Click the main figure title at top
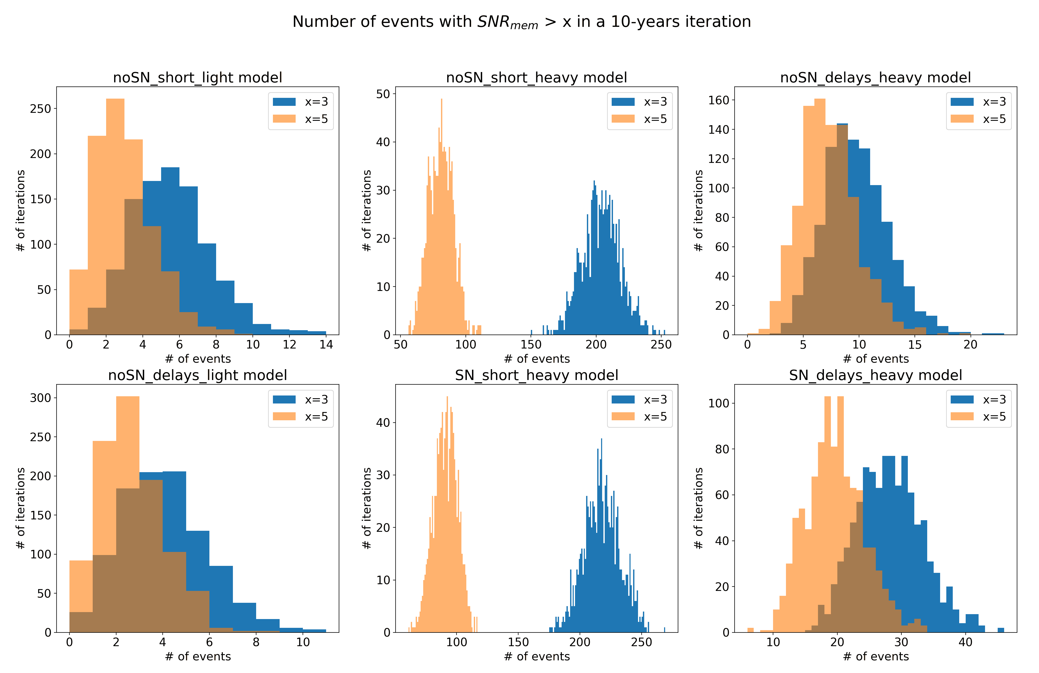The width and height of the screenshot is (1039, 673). pos(521,22)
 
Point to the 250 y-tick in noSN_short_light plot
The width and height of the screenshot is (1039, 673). pos(40,109)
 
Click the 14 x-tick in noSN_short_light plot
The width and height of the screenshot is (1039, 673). pos(326,345)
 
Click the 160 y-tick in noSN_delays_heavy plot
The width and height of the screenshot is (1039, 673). pos(719,100)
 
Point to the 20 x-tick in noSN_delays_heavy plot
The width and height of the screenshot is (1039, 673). pos(970,345)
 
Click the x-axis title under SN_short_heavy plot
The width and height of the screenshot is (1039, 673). pos(537,656)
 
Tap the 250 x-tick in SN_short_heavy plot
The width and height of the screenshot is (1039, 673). pos(641,643)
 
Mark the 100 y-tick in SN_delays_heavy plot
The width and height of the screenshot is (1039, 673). pos(719,403)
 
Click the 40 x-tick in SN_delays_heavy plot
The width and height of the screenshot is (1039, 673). pos(965,643)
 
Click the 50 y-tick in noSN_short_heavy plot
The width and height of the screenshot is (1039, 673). pos(383,94)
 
